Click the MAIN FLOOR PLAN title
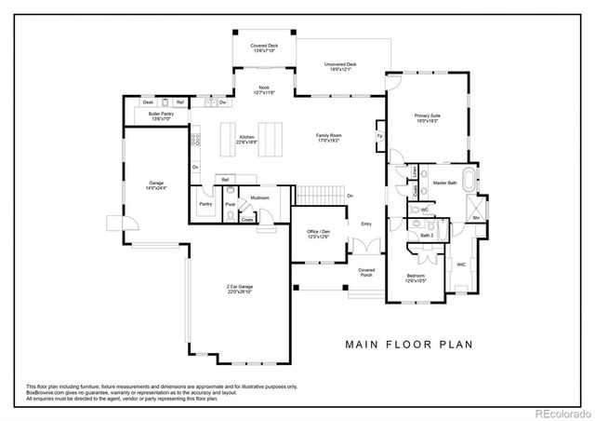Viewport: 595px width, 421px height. click(x=409, y=344)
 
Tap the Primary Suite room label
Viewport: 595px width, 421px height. click(x=428, y=117)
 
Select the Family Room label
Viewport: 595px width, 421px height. click(x=329, y=139)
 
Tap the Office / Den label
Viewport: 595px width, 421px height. click(x=319, y=234)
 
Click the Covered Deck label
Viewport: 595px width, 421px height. click(x=263, y=48)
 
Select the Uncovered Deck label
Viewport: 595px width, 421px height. click(x=340, y=67)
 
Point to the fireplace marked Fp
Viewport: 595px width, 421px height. click(x=380, y=135)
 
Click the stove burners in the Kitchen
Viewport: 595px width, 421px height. click(x=197, y=140)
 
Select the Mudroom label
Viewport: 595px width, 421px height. click(x=259, y=197)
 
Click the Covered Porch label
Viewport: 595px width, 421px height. click(x=366, y=272)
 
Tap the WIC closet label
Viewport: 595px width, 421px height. click(x=460, y=265)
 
